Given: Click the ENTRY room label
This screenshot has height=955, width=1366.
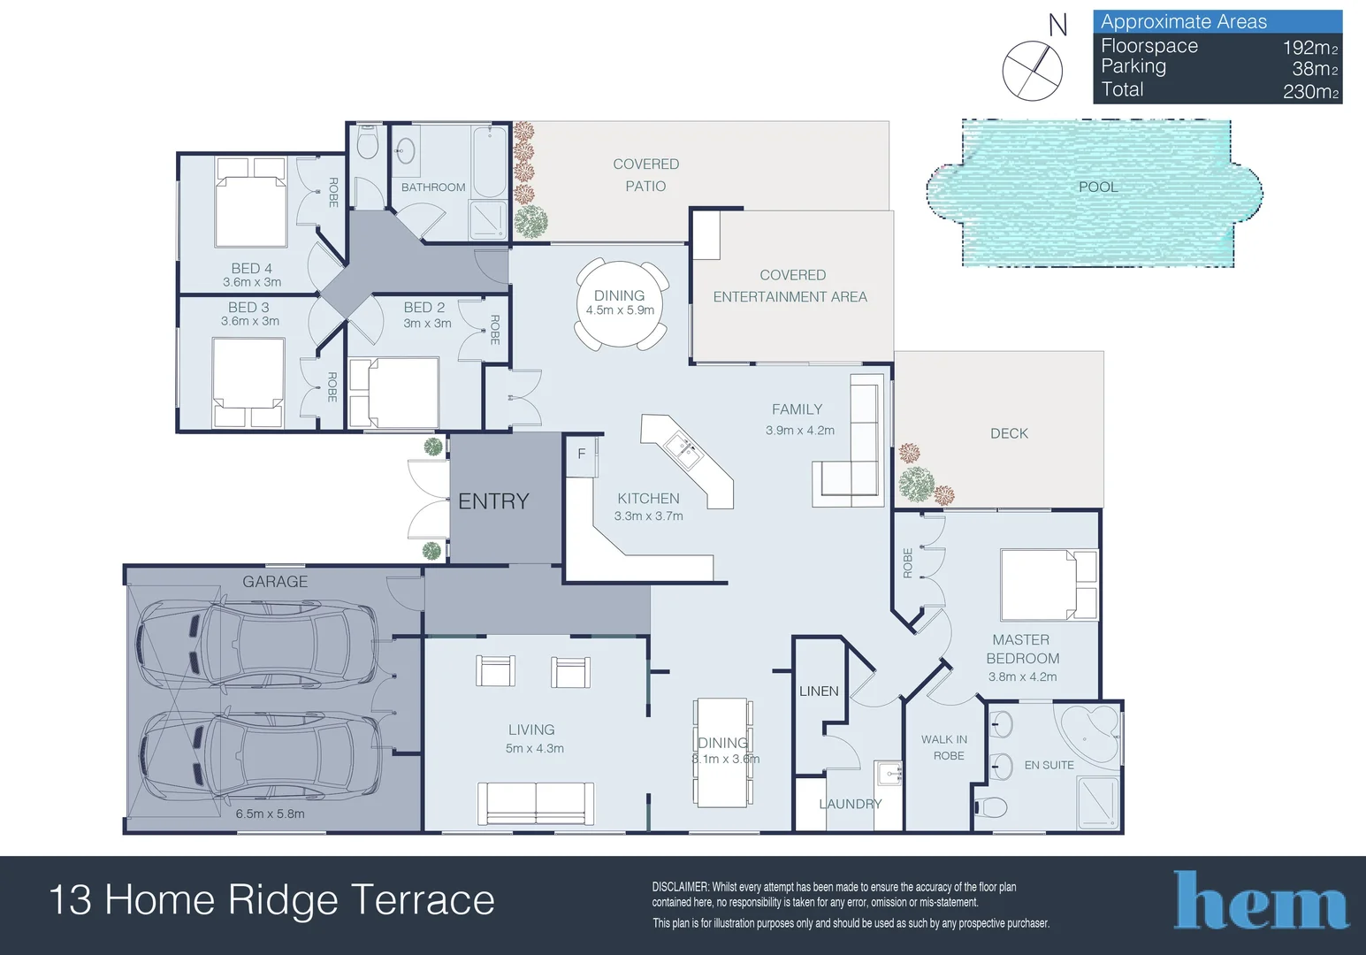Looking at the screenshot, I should tap(493, 501).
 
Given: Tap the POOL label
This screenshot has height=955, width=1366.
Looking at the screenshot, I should tap(1098, 187).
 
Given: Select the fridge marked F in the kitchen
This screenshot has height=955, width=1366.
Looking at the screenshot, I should tap(581, 455).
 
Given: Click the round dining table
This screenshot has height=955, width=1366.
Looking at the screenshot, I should tap(621, 305).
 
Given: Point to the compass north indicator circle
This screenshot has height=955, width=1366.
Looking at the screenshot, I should tap(1032, 70).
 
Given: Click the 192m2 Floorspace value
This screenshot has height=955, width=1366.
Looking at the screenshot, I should tap(1309, 47).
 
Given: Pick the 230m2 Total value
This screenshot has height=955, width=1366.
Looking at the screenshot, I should tap(1309, 91).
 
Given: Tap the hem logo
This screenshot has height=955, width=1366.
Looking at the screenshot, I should tap(1261, 900).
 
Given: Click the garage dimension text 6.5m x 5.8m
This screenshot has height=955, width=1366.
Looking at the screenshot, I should tap(270, 814).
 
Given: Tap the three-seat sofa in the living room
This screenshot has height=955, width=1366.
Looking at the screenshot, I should tap(536, 803).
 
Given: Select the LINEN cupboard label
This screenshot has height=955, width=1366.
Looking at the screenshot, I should tap(819, 691).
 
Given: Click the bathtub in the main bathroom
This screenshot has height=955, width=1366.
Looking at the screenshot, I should tap(490, 163).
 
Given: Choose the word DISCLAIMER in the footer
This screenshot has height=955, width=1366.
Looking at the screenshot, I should tap(680, 887).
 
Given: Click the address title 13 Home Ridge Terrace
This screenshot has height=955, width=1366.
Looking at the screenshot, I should tap(271, 900).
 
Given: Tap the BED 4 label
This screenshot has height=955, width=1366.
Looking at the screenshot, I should tap(251, 268).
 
